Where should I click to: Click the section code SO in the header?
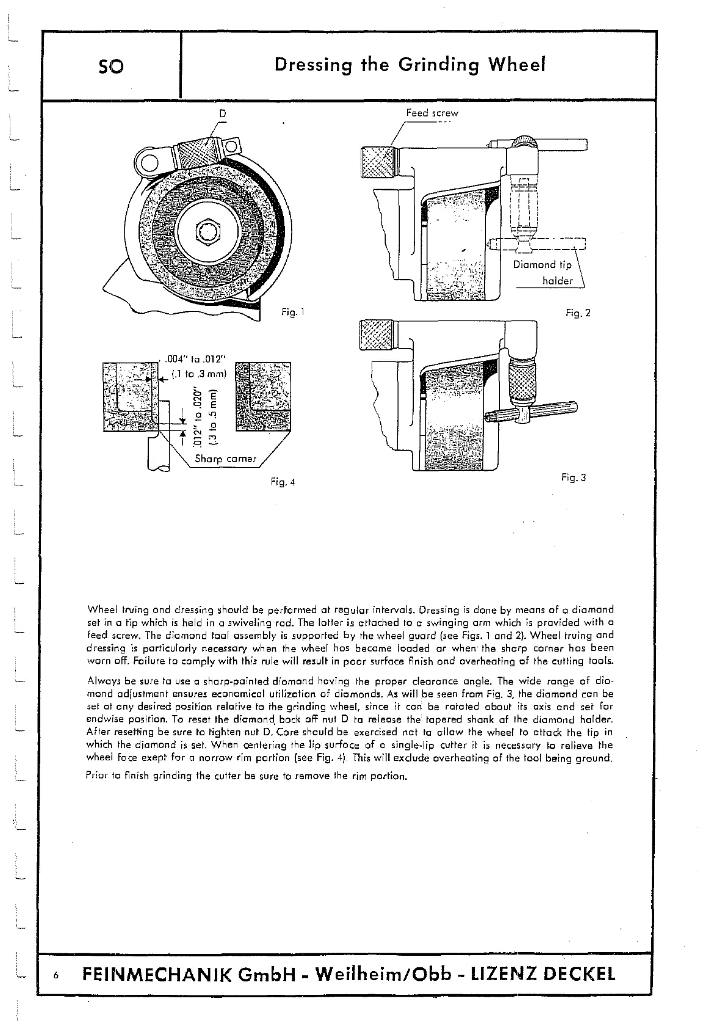click(110, 65)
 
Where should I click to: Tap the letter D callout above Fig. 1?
click(223, 112)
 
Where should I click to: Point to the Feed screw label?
click(432, 113)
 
